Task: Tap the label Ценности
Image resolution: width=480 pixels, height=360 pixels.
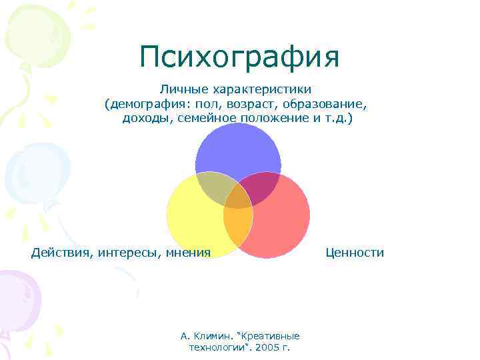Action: (x=355, y=252)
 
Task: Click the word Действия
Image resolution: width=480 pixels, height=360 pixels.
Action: (x=61, y=252)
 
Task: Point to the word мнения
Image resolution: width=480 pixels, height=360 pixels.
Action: (x=187, y=252)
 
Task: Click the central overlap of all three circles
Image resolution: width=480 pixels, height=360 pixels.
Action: (x=238, y=197)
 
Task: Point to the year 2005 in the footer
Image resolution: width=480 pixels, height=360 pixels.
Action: (x=269, y=347)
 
